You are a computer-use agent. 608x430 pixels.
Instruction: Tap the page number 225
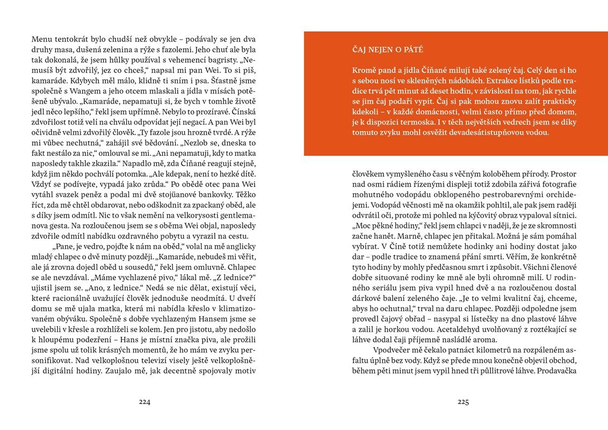(x=464, y=402)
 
